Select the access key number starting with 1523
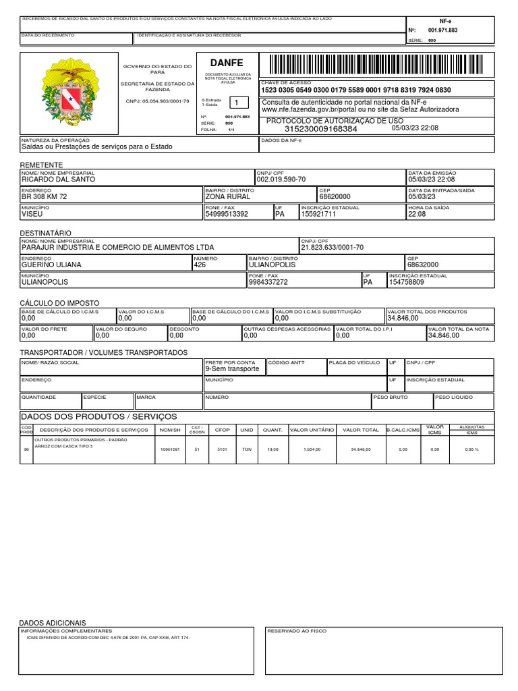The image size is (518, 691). click(356, 90)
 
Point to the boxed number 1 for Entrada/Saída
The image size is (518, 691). click(236, 103)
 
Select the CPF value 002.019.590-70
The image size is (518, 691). click(281, 180)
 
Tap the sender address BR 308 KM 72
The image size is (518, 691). click(45, 197)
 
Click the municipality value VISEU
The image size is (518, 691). click(32, 215)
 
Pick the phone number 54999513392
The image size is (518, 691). click(227, 215)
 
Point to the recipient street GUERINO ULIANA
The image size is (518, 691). click(51, 265)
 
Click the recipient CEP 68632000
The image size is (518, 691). click(422, 265)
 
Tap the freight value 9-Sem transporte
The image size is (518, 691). click(232, 369)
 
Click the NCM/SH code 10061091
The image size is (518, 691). click(169, 449)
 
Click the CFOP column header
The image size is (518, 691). click(222, 430)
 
